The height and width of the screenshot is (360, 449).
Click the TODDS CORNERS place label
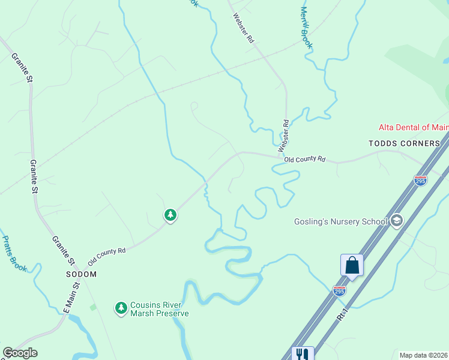coord(404,143)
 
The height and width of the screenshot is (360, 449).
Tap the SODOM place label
coord(81,274)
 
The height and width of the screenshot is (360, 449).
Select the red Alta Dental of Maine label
coord(413,127)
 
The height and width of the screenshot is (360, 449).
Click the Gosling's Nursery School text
coord(340,221)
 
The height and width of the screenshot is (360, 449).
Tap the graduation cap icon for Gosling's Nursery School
coord(396,221)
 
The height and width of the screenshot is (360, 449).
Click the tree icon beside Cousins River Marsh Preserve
coord(121,308)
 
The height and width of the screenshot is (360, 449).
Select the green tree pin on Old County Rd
coord(170,215)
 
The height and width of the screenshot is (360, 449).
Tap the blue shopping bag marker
coord(352,265)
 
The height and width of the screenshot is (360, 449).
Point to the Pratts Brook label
coord(14,253)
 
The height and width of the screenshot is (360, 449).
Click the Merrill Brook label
coord(307,28)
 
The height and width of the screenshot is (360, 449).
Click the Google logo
coord(20,353)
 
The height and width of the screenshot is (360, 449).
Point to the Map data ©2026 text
coord(423,355)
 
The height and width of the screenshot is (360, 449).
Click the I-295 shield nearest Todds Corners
coord(420,180)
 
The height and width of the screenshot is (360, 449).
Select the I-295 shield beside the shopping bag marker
coord(339,291)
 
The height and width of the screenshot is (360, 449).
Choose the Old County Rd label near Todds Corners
coord(304,160)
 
